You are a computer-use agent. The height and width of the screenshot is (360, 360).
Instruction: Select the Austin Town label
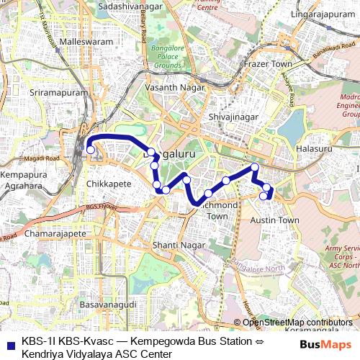[274, 220]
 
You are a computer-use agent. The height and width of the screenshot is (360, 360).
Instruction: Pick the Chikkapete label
[109, 184]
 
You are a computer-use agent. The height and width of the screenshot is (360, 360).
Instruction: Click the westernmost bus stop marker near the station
[91, 150]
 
